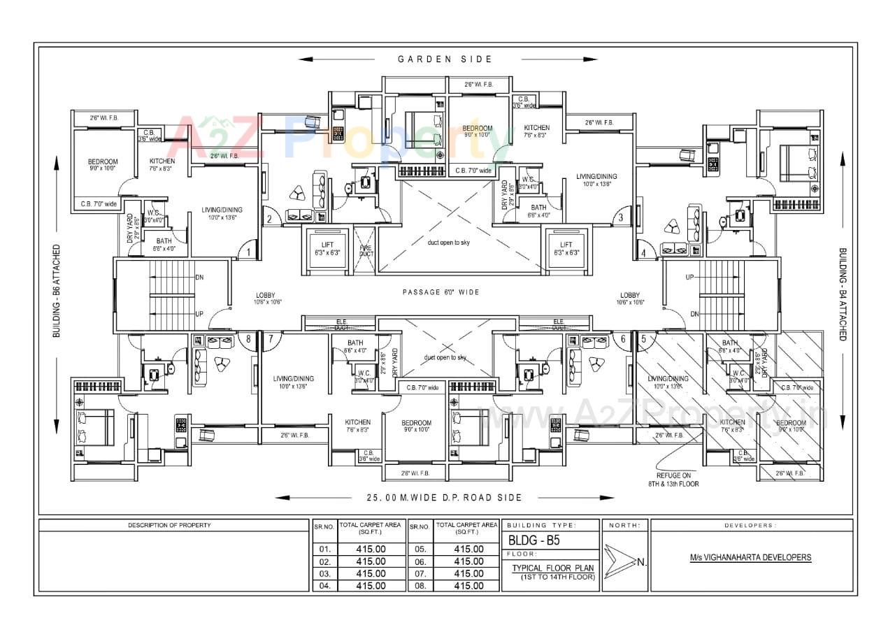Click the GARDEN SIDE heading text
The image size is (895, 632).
[x=445, y=59]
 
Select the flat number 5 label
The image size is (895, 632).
[x=643, y=339]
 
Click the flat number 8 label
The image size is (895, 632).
[x=248, y=339]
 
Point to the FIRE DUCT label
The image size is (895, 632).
[x=365, y=250]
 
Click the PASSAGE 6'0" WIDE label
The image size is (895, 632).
[x=441, y=292]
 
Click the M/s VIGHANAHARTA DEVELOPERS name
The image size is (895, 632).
[x=750, y=557]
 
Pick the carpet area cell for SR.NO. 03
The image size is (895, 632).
[x=371, y=573]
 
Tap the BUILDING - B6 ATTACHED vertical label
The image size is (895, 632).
[x=57, y=292]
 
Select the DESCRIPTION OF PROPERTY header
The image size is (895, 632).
[x=169, y=525]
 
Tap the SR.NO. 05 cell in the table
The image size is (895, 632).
[x=418, y=550]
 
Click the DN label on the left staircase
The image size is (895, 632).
[x=199, y=276]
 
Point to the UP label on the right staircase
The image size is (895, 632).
[x=689, y=277]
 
